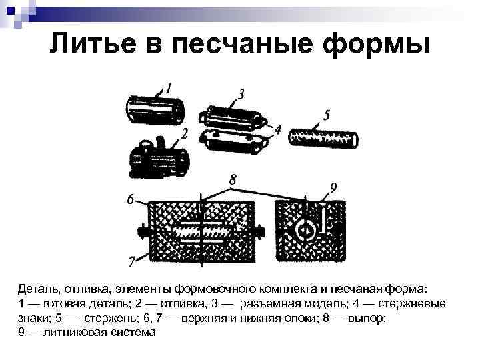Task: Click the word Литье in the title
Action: tap(93, 43)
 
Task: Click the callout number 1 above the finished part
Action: tap(169, 89)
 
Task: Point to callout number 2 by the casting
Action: tap(184, 134)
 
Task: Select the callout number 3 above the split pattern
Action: tap(241, 94)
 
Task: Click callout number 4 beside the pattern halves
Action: tap(278, 129)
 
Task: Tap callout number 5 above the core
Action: tap(327, 115)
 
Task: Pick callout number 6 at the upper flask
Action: tap(131, 199)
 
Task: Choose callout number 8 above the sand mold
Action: tap(233, 180)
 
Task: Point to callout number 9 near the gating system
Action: tap(333, 187)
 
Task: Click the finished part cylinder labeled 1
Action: tap(155, 110)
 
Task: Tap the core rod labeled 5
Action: tap(323, 139)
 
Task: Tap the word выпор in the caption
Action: tap(367, 319)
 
